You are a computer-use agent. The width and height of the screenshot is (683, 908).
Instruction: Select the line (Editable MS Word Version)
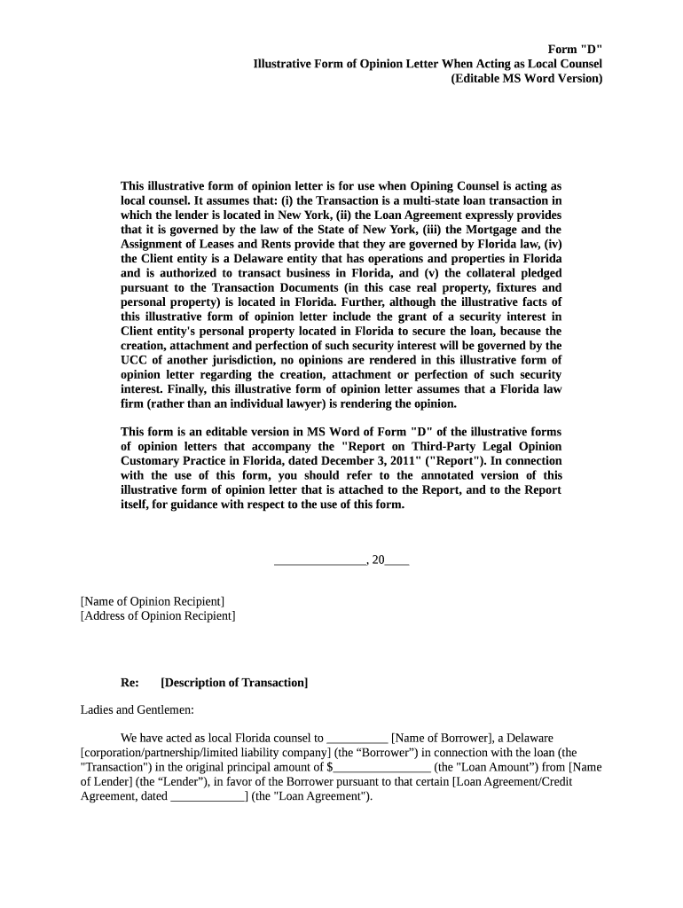pyautogui.click(x=526, y=78)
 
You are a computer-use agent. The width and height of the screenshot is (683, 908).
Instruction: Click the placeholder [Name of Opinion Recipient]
pyautogui.click(x=153, y=601)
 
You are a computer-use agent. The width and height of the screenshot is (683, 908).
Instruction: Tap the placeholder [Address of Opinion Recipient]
pyautogui.click(x=158, y=615)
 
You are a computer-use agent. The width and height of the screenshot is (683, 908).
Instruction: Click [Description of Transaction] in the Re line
pyautogui.click(x=234, y=682)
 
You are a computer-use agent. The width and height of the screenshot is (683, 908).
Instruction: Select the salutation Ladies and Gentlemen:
pyautogui.click(x=137, y=709)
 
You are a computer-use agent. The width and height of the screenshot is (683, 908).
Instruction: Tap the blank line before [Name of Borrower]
pyautogui.click(x=357, y=739)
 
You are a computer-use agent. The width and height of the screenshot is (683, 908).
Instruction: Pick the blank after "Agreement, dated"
pyautogui.click(x=208, y=796)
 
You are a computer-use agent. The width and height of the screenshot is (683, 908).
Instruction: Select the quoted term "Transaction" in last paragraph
pyautogui.click(x=116, y=767)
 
